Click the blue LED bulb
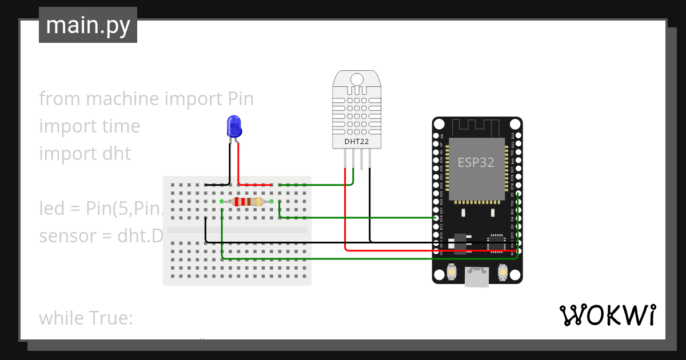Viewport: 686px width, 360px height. [234, 126]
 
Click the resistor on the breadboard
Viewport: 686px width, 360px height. [246, 201]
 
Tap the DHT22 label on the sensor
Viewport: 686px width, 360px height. [357, 141]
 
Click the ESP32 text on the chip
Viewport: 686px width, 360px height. [476, 162]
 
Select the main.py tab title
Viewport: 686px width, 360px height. [88, 26]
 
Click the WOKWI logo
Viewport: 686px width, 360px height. [607, 315]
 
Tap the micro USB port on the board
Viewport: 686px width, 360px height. [477, 278]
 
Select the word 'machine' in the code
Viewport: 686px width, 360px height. [122, 99]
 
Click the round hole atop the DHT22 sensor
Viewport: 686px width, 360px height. [357, 78]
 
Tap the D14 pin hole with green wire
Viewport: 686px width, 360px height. [436, 218]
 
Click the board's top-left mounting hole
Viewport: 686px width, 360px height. [439, 124]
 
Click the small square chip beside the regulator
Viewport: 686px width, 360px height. [496, 243]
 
